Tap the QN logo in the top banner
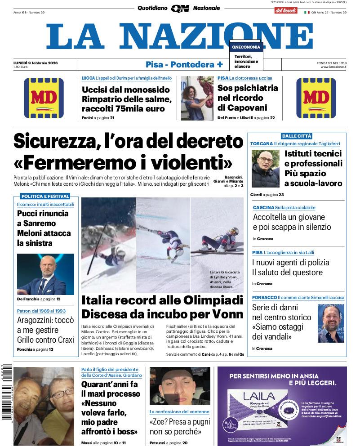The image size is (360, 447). pos(180,8)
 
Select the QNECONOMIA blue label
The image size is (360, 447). pos(246,47)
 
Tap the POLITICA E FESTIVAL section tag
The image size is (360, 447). pos(45,197)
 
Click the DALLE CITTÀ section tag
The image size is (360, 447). pos(297,136)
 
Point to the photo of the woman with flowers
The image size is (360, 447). pos(197,98)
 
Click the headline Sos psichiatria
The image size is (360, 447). pos(247,88)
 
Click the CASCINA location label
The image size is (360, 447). pos(263,208)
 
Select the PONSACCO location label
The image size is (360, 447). pos(264,298)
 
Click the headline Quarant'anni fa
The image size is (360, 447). pos(110,384)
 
